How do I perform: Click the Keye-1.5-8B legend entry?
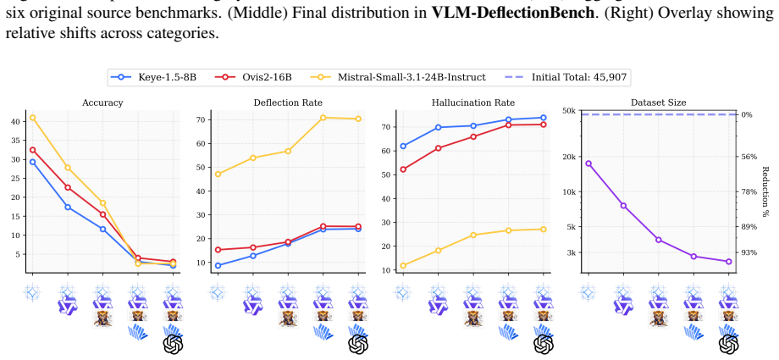(154, 77)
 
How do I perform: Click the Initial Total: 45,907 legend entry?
(566, 77)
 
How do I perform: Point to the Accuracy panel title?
(102, 103)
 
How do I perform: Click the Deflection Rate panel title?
(288, 103)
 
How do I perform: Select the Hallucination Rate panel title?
(473, 103)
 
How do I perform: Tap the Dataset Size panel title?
(658, 103)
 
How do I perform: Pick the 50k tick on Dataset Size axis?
(569, 110)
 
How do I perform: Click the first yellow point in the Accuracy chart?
(32, 118)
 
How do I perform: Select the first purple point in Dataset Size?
(588, 163)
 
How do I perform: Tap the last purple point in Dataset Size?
(729, 262)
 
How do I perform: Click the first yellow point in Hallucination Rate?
(403, 265)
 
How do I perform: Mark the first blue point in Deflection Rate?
(218, 265)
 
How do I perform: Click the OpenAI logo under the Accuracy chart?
(174, 344)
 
